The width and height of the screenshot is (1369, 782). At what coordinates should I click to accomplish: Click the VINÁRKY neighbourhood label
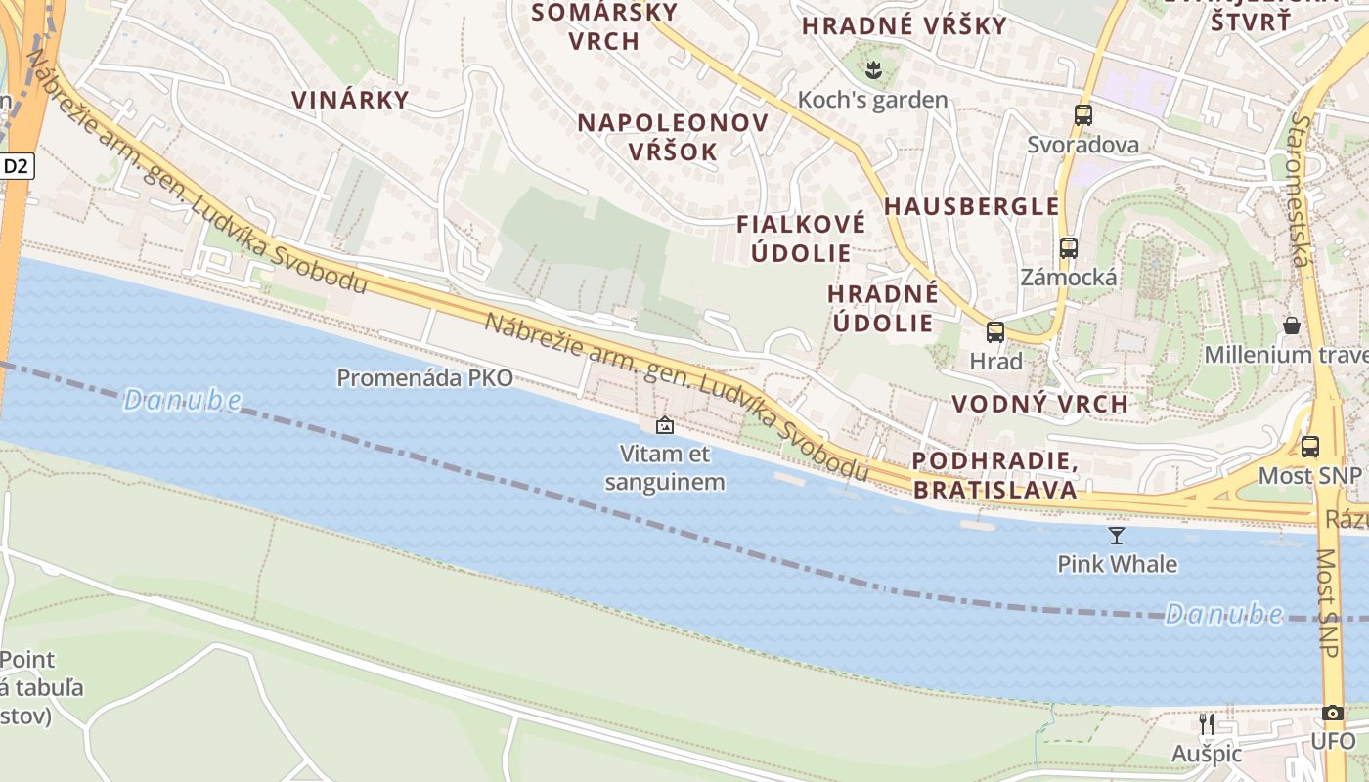(350, 100)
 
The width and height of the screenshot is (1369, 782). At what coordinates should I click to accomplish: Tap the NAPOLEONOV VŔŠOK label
(673, 137)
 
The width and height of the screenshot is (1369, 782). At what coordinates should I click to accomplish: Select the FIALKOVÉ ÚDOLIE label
(801, 238)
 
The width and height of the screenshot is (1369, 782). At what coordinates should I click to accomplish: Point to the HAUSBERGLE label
(972, 206)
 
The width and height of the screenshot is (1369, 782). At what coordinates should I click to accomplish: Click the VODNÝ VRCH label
(1039, 404)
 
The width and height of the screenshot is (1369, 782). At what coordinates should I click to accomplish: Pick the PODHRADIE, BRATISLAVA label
(995, 475)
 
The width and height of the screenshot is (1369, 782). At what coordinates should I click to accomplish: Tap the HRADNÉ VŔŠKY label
(905, 26)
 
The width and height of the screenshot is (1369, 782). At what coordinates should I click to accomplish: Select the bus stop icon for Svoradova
(1082, 114)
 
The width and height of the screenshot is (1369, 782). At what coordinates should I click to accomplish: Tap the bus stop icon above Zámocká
(1068, 248)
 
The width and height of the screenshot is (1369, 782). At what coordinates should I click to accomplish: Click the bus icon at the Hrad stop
(994, 332)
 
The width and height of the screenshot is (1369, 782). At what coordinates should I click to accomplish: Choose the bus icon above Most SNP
(1309, 447)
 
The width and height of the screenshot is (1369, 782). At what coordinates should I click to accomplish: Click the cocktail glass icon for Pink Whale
(1116, 535)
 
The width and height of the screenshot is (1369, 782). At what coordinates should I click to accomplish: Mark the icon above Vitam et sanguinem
(664, 425)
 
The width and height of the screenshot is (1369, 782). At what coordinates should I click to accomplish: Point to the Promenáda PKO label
(424, 378)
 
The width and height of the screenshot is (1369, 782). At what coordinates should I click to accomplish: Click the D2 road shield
(17, 166)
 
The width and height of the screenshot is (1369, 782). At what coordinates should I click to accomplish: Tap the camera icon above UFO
(1332, 714)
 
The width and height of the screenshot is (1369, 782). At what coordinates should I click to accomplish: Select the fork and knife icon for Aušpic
(1207, 724)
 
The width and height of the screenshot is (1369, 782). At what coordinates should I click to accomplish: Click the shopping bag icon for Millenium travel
(1291, 326)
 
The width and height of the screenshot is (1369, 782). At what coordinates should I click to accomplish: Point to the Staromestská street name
(1300, 191)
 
